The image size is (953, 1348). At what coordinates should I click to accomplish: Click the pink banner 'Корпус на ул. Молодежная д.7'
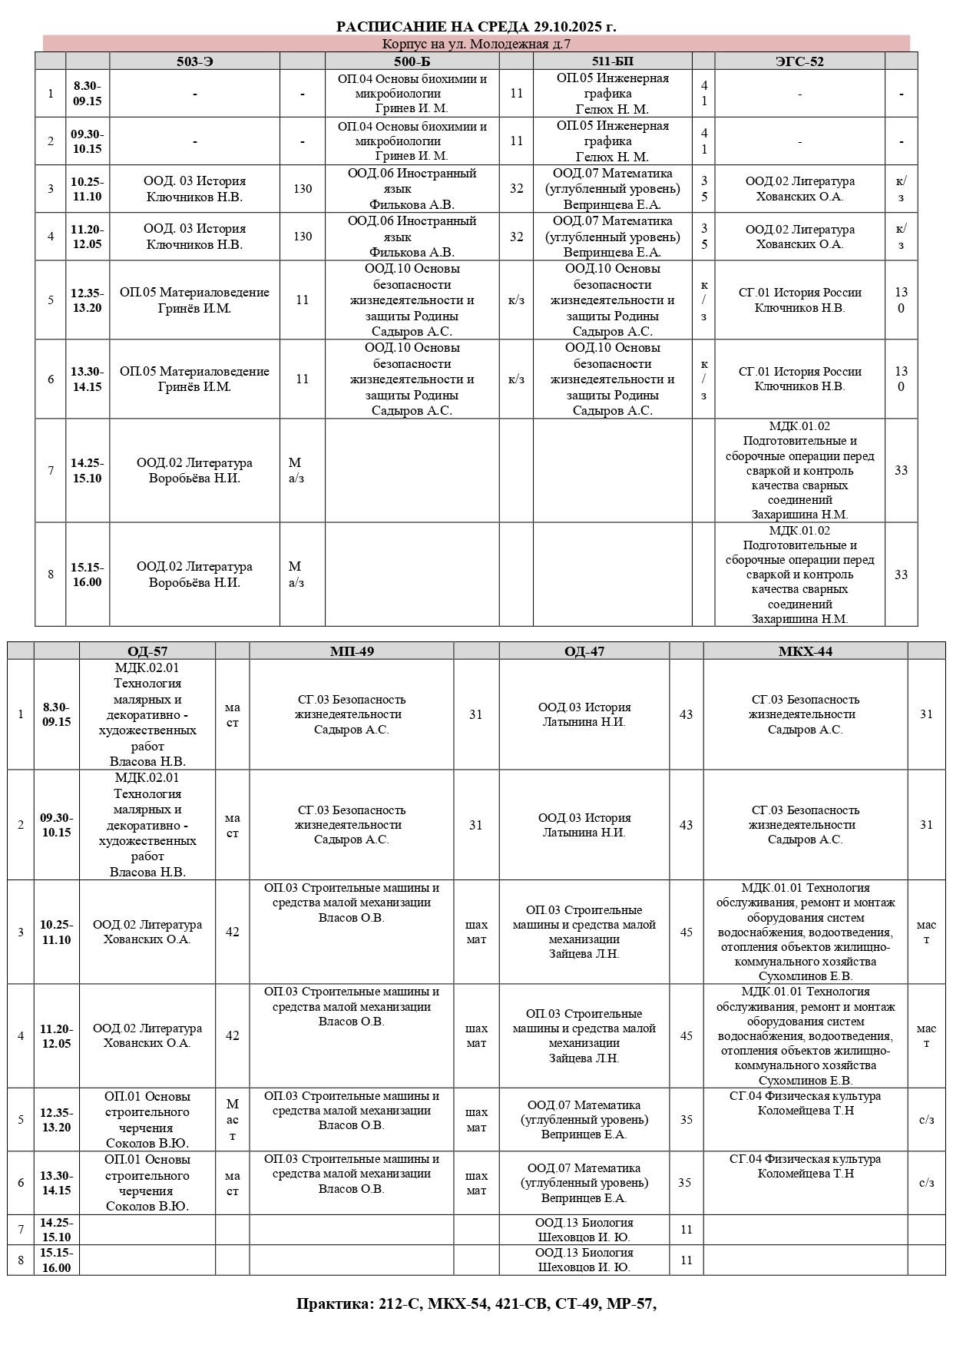point(476,44)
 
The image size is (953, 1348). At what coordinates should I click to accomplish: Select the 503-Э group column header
point(194,61)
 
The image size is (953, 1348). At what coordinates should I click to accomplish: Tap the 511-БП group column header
point(612,61)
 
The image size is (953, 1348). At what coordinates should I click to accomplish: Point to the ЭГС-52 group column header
point(799,61)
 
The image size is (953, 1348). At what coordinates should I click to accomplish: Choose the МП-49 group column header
point(351,651)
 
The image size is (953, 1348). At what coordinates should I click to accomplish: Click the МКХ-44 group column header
point(805,651)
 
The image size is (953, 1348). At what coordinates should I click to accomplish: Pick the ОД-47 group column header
point(584,651)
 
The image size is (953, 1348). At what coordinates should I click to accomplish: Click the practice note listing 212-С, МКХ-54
point(476,1303)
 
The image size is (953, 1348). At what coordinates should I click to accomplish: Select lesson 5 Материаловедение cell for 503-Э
point(194,300)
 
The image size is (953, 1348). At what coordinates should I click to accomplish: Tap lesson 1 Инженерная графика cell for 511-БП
point(612,94)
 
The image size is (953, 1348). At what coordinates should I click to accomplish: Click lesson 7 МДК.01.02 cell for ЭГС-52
point(799,470)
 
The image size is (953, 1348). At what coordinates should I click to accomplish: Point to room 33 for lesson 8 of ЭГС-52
point(901,575)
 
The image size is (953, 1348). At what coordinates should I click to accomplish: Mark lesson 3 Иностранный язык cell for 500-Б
point(412,189)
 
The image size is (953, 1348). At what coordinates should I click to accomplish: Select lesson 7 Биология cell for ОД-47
point(584,1229)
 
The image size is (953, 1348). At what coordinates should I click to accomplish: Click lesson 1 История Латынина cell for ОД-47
point(584,714)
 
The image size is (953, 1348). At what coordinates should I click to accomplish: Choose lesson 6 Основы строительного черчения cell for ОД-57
point(147,1183)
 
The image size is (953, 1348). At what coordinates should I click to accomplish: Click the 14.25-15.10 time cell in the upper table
point(88,470)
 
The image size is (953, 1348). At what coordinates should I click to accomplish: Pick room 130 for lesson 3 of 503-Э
point(303,189)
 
